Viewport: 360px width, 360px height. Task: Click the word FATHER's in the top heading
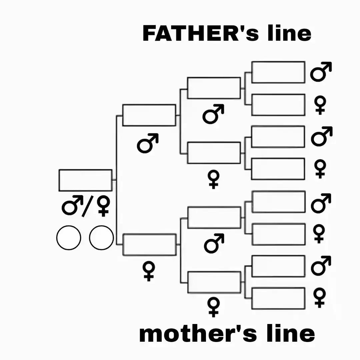[x=201, y=33]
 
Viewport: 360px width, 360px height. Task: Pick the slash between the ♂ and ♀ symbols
[x=87, y=207]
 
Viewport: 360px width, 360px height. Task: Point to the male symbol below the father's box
[x=148, y=143]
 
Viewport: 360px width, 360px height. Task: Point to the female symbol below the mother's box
[x=149, y=272]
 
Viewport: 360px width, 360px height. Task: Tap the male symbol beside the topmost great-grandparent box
[x=321, y=72]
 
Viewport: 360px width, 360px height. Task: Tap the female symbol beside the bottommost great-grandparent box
[x=320, y=298]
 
